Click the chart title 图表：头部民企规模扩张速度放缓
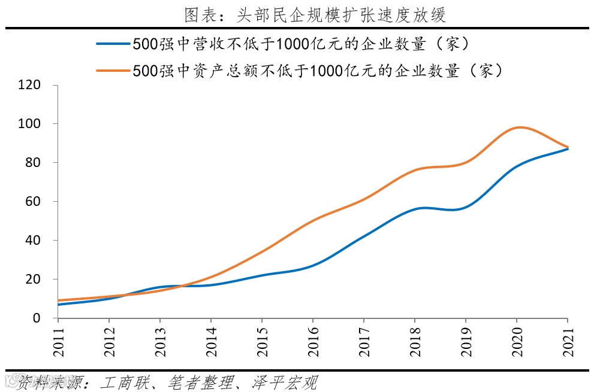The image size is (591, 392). click(315, 14)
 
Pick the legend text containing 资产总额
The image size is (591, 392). click(318, 71)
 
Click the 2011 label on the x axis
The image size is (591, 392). click(59, 339)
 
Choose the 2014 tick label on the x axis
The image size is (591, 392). click(212, 339)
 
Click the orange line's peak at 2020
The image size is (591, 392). click(518, 127)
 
